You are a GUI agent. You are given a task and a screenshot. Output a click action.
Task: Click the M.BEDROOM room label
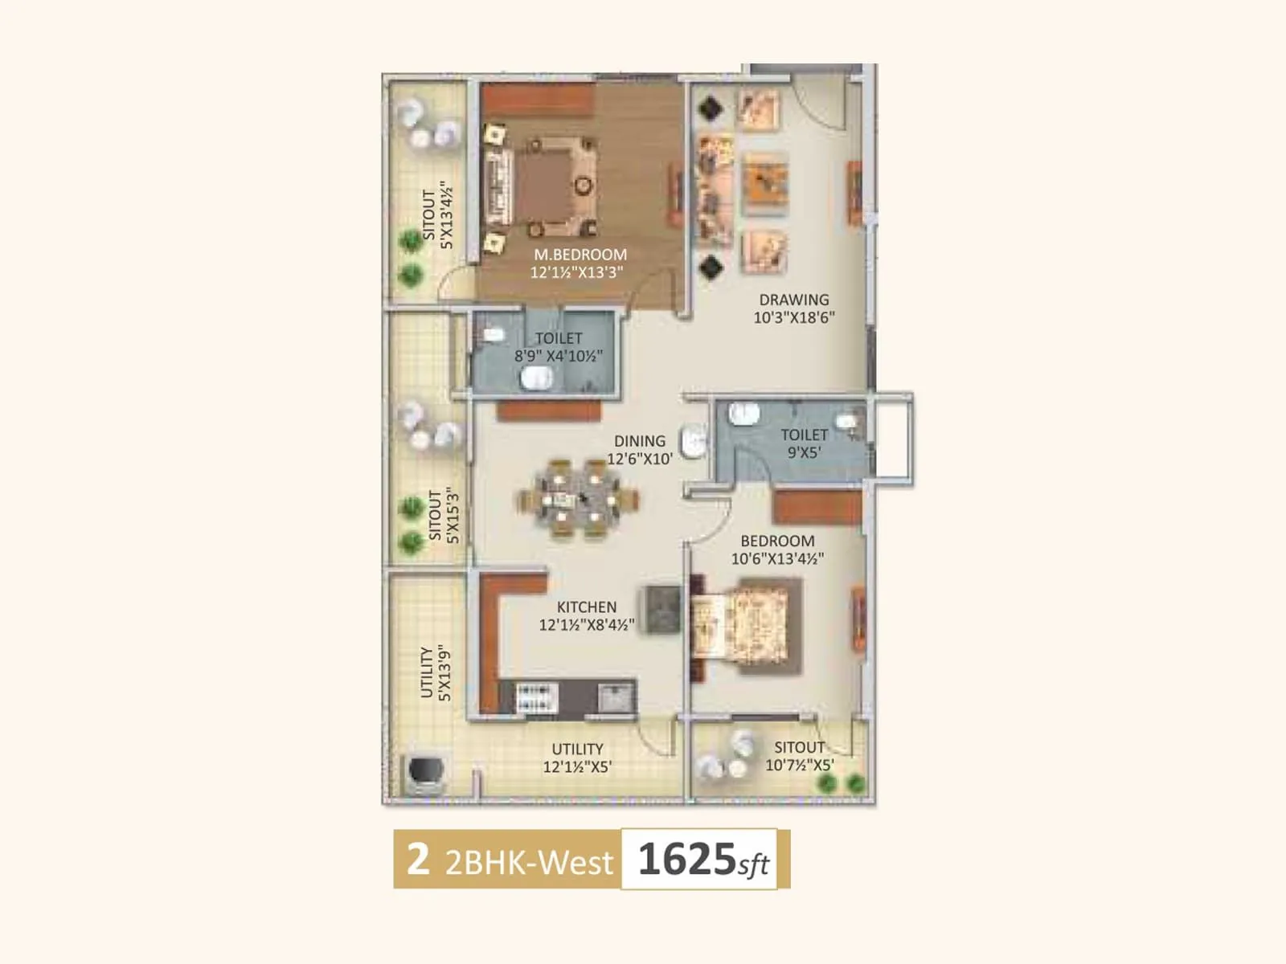tap(580, 255)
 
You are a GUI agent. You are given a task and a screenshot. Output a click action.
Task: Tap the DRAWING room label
tap(793, 300)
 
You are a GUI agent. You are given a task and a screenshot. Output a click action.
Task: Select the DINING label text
tap(640, 441)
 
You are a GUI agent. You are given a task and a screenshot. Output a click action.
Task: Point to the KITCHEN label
tap(587, 607)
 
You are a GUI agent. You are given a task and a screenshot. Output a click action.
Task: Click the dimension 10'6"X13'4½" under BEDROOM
tap(777, 558)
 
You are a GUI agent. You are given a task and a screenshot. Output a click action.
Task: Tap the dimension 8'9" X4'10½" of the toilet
tap(559, 356)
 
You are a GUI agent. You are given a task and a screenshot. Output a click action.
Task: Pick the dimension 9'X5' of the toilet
tap(804, 452)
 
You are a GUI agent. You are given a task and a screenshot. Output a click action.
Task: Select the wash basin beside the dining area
tap(694, 441)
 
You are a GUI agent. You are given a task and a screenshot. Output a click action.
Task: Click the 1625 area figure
tap(686, 859)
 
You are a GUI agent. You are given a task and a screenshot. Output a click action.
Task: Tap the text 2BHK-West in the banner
tap(529, 861)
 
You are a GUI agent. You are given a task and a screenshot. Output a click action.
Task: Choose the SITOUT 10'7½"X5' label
tap(799, 756)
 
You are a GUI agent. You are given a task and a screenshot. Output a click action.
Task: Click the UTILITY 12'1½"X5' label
tap(577, 758)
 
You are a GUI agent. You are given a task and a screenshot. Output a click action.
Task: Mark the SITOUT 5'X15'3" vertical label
tap(443, 515)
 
